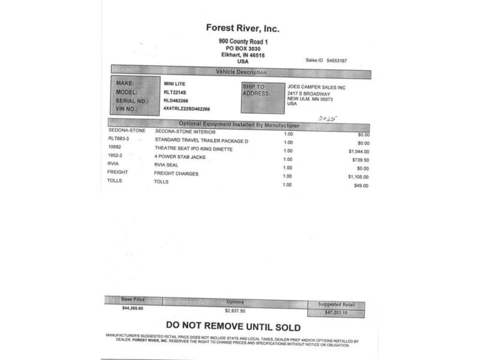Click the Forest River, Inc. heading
click(x=242, y=28)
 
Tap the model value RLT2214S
click(x=175, y=92)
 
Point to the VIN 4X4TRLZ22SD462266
click(x=187, y=109)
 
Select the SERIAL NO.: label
click(x=132, y=101)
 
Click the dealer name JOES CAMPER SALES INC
click(x=317, y=87)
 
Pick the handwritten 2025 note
click(x=326, y=119)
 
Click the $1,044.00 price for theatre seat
click(x=358, y=152)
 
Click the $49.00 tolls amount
click(x=361, y=186)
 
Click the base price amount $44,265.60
click(x=133, y=308)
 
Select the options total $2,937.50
click(x=235, y=311)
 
